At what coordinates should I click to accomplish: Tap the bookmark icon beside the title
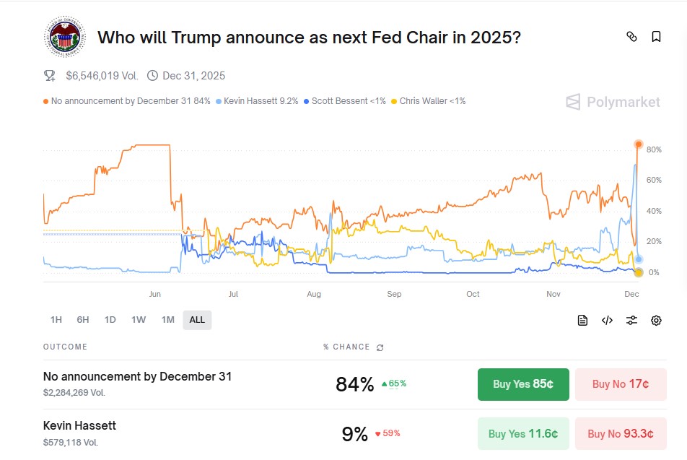656,37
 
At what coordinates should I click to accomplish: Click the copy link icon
631,37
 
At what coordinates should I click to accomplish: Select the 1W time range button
139,320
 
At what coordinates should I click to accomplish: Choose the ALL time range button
197,320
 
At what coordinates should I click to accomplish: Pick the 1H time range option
56,320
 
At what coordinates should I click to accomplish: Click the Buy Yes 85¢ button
523,384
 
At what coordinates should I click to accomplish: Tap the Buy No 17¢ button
620,384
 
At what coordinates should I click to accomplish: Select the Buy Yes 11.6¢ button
523,433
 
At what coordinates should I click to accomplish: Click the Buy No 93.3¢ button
620,433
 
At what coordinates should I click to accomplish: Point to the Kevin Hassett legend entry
257,101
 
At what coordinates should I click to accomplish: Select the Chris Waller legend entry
428,101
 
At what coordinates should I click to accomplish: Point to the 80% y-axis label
654,149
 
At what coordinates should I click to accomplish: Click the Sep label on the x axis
394,294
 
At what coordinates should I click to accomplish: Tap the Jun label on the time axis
154,294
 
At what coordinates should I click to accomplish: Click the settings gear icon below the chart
656,321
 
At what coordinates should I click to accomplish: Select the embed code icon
607,321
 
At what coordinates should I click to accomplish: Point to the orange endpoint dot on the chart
638,144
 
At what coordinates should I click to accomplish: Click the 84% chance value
355,384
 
